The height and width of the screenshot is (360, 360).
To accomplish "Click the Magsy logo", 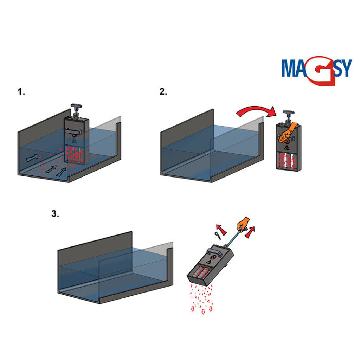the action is click(x=317, y=70).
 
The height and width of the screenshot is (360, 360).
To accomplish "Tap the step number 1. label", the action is click(x=21, y=92).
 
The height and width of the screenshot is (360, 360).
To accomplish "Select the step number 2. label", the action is click(x=163, y=92).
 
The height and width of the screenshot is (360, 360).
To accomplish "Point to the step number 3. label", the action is click(x=55, y=214).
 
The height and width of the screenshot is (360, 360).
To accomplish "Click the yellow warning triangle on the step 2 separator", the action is click(x=287, y=147).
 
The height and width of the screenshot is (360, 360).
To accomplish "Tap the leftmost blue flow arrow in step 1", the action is click(x=32, y=157).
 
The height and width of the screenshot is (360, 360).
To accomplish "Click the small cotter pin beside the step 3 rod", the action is click(x=218, y=236).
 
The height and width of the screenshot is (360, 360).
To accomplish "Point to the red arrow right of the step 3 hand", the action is click(x=250, y=232).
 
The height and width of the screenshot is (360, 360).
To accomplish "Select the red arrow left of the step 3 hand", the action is click(x=221, y=229).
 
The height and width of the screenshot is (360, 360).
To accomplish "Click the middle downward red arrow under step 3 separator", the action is click(x=203, y=311).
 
